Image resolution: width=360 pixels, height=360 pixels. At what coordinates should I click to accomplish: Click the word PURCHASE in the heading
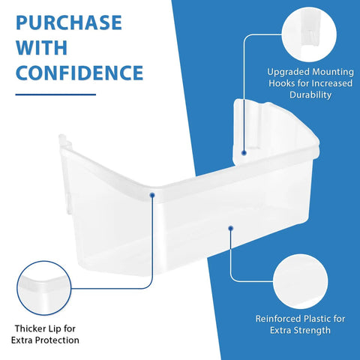coord(69,22)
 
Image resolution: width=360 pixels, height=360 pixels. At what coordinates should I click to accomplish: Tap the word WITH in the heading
coord(42,47)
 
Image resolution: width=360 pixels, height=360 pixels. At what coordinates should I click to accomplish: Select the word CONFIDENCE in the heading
coord(79,73)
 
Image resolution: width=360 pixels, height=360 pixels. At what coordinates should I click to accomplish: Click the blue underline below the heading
coord(55,94)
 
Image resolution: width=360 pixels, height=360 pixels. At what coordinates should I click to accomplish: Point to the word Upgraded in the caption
coord(288,73)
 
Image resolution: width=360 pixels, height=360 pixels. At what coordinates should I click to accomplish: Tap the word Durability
coord(310,94)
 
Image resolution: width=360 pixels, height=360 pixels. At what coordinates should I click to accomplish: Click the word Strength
coord(312,331)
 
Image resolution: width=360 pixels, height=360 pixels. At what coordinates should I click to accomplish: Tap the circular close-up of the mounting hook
coord(309,34)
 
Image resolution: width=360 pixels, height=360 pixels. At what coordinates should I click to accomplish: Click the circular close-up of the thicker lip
coord(44,288)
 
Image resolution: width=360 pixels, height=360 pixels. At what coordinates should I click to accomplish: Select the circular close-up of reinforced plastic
coord(300,281)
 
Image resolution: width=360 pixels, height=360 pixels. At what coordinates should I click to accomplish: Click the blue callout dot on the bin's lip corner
coord(152,195)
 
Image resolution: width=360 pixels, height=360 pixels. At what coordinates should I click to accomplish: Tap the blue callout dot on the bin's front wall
coord(231,228)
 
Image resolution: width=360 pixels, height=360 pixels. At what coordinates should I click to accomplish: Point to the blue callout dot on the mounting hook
coord(244,153)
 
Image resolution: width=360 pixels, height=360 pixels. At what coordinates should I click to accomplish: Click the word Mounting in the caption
coord(333,73)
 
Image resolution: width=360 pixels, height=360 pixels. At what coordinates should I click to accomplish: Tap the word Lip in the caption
coord(55,329)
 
